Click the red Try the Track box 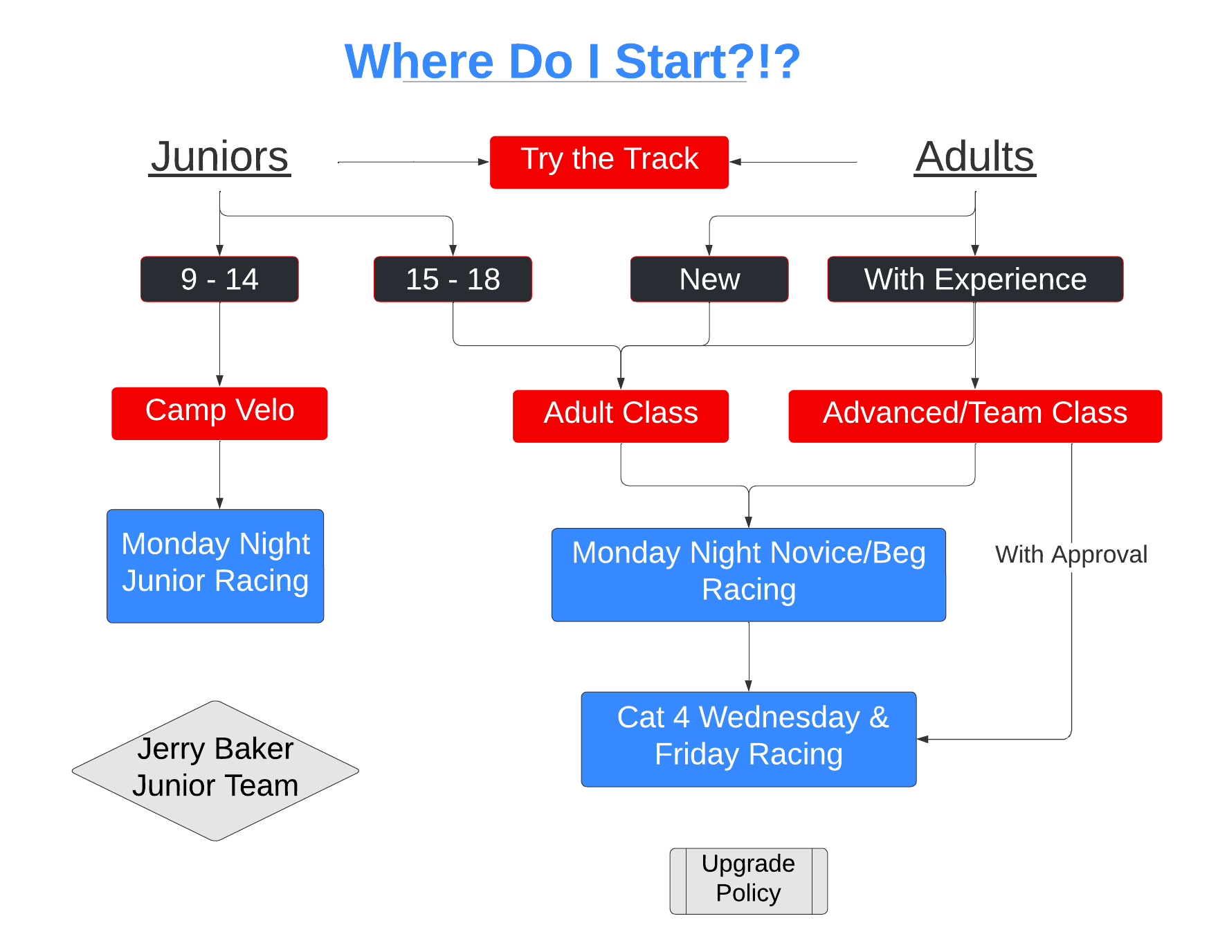(x=609, y=162)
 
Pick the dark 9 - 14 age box (x=219, y=279)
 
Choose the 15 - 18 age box (x=453, y=279)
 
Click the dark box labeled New (x=709, y=279)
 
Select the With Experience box (x=975, y=279)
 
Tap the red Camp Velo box (x=219, y=413)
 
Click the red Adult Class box (x=621, y=416)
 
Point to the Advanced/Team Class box (x=975, y=416)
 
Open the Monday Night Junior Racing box (x=215, y=566)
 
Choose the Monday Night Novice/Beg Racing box (x=749, y=574)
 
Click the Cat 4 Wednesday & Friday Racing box (x=749, y=739)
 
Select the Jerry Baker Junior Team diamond (x=215, y=771)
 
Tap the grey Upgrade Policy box (x=749, y=881)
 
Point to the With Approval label (x=1071, y=554)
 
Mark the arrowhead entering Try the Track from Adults (x=736, y=162)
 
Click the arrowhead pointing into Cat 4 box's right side (x=922, y=739)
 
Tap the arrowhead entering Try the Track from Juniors (x=484, y=162)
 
